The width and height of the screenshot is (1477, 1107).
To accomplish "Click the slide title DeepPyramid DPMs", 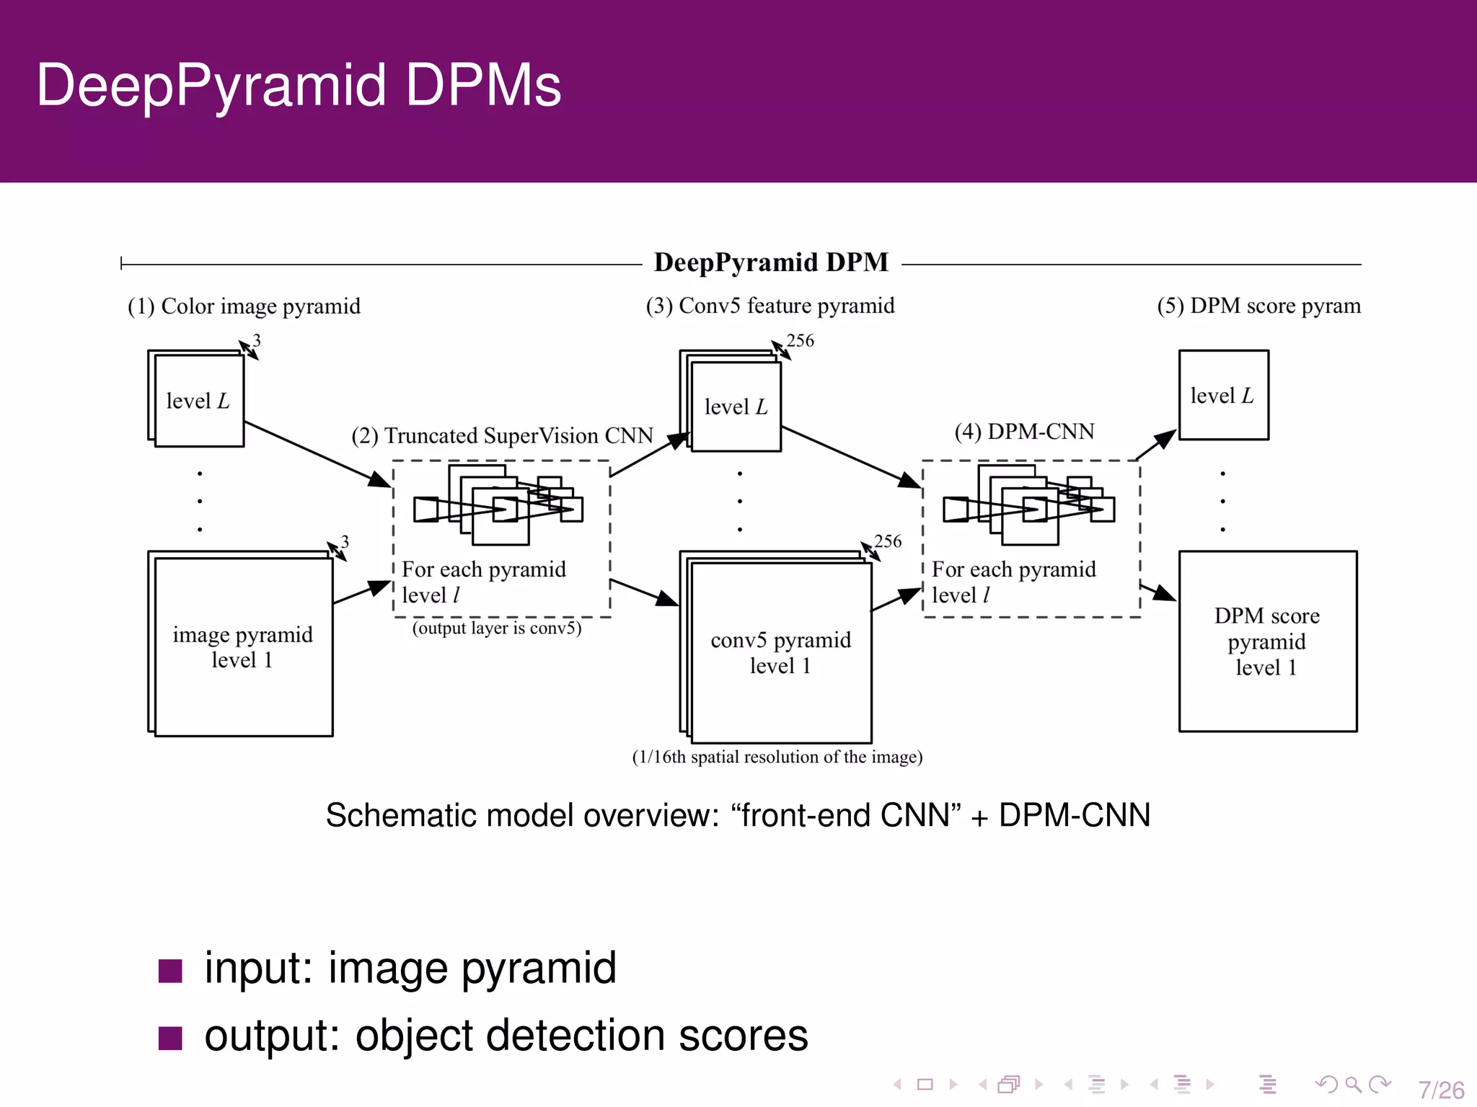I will [299, 86].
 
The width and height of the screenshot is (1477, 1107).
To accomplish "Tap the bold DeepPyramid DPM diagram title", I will [771, 262].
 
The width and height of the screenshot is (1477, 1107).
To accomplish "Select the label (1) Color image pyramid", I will [244, 306].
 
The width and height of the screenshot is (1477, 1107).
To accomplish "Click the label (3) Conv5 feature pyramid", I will [770, 306].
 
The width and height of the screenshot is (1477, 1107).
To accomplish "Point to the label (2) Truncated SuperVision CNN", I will [502, 436].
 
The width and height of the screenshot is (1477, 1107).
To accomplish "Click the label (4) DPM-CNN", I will [1024, 432].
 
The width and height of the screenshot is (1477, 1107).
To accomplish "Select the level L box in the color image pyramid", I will [198, 401].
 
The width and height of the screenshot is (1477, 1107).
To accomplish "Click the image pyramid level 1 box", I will [243, 646].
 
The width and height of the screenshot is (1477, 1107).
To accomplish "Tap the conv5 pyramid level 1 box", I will [780, 652].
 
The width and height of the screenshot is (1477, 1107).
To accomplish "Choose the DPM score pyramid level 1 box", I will [1267, 641].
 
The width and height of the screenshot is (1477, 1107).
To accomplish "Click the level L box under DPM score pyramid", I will [1223, 396].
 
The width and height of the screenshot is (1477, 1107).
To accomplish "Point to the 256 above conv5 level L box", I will [800, 341].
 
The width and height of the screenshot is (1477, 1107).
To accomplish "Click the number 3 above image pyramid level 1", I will [345, 541].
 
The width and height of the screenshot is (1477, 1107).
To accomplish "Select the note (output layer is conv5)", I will [496, 628].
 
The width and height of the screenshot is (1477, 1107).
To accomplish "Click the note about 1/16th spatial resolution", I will [777, 757].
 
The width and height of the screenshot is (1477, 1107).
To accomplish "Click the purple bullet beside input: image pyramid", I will [170, 971].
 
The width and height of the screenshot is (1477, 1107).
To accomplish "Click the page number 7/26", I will [1440, 1089].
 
